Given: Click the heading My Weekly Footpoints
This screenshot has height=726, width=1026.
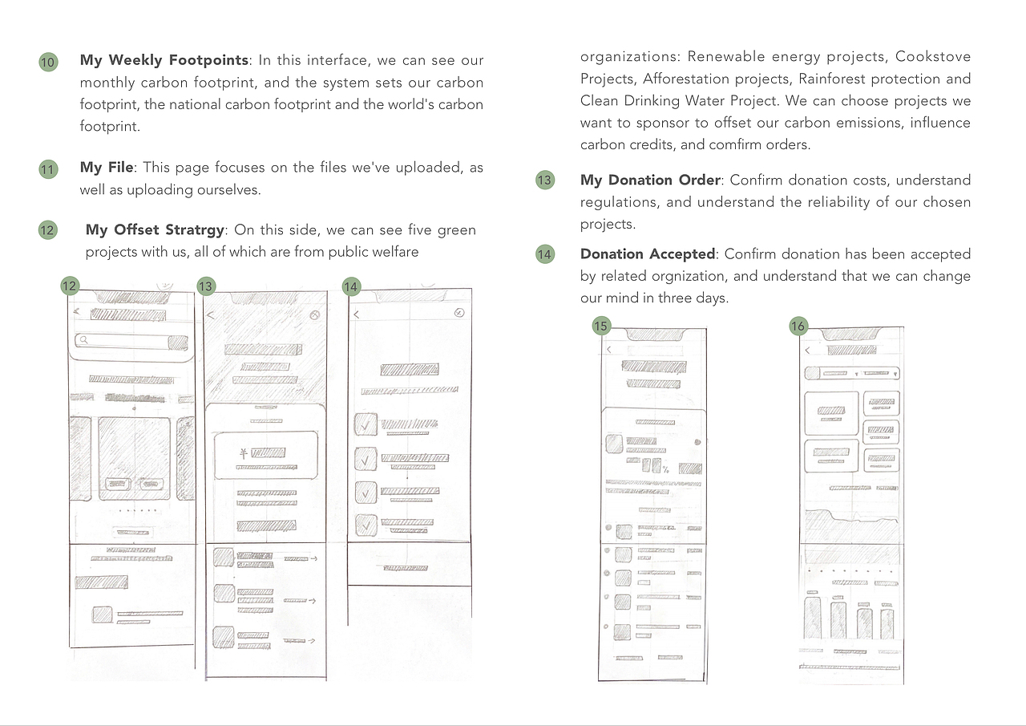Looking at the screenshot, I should point(164,60).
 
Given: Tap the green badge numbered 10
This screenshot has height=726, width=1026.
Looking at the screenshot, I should point(48,63).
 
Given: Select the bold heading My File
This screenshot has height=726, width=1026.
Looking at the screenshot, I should point(106,168).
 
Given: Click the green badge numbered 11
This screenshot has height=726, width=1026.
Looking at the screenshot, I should point(48,169).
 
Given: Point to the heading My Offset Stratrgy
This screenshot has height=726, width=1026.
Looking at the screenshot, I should point(155,230).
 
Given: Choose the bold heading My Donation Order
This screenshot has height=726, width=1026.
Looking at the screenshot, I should point(650,180).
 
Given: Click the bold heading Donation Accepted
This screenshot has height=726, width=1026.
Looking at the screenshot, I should point(647,253).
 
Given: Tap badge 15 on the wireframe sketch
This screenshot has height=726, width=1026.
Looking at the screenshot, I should point(601,326).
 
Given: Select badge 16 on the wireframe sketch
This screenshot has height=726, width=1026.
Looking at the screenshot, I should point(798,326).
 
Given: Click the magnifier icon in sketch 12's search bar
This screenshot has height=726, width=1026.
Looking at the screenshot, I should point(83,340).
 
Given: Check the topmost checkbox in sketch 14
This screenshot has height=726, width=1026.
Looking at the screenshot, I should point(366,425).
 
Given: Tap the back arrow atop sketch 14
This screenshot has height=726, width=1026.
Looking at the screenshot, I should point(356,314).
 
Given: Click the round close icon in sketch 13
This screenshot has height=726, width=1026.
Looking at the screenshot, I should point(315,315).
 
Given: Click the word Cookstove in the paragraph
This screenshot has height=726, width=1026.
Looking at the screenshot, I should point(933,57).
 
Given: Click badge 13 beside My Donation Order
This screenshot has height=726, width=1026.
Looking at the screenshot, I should point(545,180).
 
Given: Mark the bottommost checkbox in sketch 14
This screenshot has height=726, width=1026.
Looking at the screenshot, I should point(366,525).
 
